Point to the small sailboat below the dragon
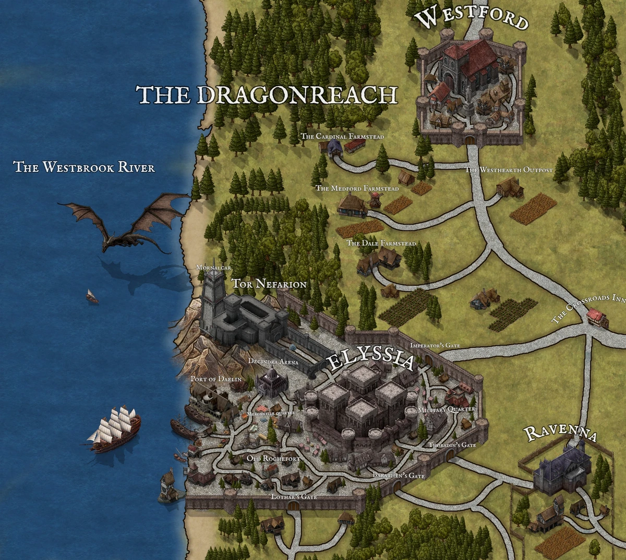(x=92, y=296)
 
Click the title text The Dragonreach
(x=267, y=95)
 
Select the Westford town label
(x=472, y=18)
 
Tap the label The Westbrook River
(x=84, y=167)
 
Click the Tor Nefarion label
(x=269, y=284)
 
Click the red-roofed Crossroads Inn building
(x=596, y=317)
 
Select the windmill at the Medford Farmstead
(x=375, y=199)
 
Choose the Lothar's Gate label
(x=294, y=496)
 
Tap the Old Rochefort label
(x=273, y=459)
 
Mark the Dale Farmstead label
(x=381, y=243)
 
